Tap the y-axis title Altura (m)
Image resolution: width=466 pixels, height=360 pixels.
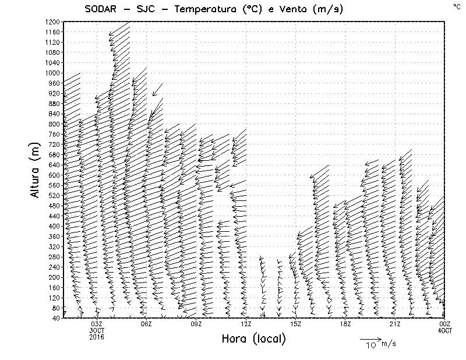click(35, 169)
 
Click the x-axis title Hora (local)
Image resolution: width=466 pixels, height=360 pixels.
click(253, 339)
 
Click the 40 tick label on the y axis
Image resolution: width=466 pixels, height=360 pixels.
click(56, 318)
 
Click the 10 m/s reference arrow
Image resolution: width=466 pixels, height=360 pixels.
click(370, 338)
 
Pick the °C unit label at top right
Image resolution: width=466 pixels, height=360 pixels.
click(456, 6)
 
